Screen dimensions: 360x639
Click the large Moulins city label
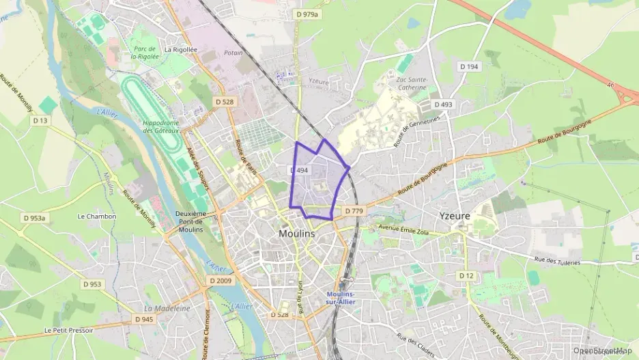298,233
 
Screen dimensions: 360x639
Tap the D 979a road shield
309,14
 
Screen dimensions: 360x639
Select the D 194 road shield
468,66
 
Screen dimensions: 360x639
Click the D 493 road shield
443,105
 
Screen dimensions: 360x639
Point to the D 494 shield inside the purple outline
298,170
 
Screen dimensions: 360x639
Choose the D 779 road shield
353,211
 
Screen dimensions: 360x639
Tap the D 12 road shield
466,275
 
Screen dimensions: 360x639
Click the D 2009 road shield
221,280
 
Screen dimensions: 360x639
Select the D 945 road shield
144,319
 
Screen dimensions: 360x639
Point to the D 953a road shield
33,218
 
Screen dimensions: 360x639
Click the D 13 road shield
41,121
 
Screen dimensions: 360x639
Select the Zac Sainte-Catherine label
412,83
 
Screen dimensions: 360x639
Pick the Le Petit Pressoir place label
68,330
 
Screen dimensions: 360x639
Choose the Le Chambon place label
97,217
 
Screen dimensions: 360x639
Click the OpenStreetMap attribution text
602,350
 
